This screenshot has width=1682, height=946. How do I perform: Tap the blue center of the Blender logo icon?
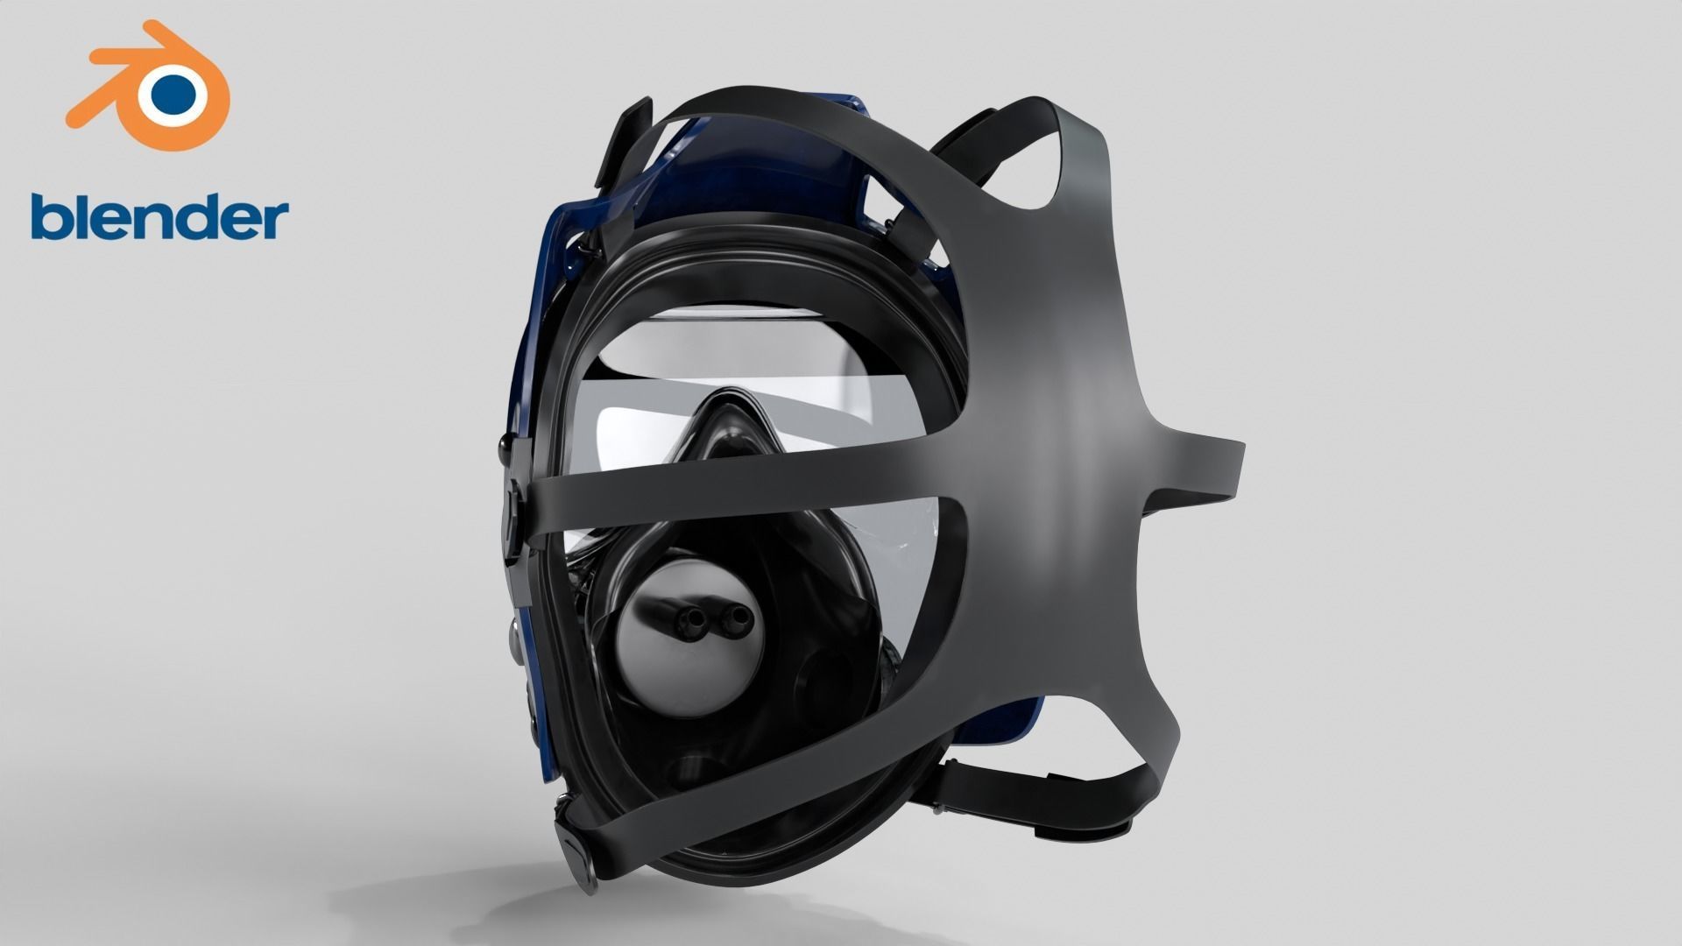point(173,90)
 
